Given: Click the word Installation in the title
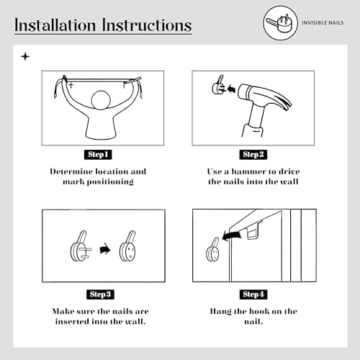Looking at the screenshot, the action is (55, 25).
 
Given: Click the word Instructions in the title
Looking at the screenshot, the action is (147, 25).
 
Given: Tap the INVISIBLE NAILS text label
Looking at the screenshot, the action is (323, 23).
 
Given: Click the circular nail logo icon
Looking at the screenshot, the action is (280, 23).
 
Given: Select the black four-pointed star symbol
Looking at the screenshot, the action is (25, 57).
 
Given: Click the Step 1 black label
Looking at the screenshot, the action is (98, 154).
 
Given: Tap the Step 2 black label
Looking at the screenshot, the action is (253, 154).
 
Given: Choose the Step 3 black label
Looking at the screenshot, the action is (100, 294).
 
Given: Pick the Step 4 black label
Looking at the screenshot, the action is (253, 294).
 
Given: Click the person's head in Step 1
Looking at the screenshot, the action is (101, 100).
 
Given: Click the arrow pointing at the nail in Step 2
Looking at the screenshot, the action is (231, 89).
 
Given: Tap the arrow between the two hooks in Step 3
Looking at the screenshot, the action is (105, 249).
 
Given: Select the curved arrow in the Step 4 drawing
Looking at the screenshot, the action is (232, 235).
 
